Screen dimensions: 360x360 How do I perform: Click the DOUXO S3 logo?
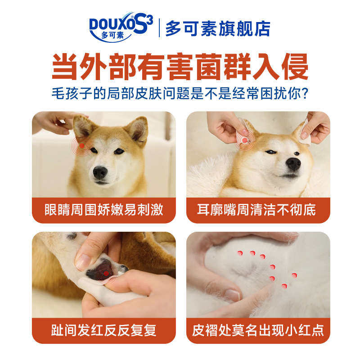coord(121,27)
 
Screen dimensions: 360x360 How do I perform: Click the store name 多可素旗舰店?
coord(218,28)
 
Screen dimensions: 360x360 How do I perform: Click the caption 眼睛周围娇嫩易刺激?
coord(104,210)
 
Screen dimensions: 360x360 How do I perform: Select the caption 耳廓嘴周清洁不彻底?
coord(256,210)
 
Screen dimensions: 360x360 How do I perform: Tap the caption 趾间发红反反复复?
coord(104,331)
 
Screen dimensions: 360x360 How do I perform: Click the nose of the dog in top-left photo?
coord(100,173)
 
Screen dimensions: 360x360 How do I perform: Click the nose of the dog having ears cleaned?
coord(293,163)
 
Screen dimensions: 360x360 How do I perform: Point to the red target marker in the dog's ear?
coord(244,140)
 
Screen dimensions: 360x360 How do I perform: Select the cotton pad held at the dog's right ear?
coord(306,131)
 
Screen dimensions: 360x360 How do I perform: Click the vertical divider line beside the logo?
coord(159,28)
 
